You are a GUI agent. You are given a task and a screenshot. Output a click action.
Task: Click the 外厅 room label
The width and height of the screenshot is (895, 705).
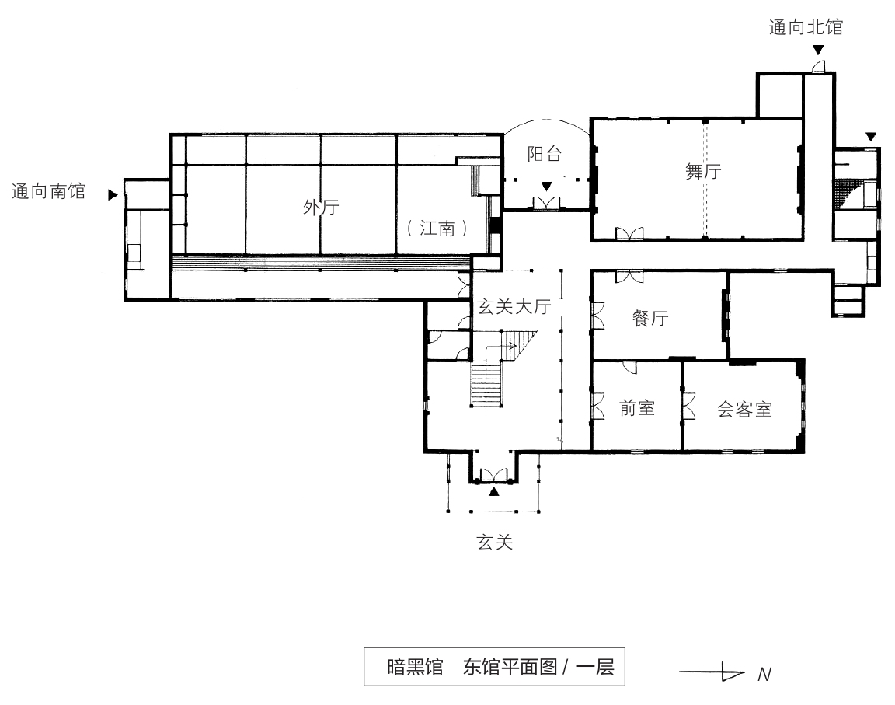(321, 208)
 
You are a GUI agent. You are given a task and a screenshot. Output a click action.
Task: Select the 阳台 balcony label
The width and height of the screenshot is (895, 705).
(544, 154)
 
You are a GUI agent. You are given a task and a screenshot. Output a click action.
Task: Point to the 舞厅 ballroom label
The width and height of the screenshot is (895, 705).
(703, 171)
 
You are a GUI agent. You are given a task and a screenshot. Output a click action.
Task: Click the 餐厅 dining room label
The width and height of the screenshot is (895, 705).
(651, 318)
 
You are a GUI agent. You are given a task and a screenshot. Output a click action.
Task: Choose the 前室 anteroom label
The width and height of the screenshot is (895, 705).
(637, 407)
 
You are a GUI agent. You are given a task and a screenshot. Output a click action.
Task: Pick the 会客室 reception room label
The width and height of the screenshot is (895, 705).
(744, 410)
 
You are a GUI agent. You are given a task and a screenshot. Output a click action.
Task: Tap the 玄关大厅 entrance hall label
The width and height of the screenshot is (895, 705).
(514, 306)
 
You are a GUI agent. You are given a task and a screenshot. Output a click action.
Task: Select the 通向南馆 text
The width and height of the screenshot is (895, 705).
(48, 191)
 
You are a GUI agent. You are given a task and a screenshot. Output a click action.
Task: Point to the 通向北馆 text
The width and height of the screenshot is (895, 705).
(806, 29)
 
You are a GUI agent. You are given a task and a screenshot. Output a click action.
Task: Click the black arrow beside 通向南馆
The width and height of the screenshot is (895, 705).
(113, 195)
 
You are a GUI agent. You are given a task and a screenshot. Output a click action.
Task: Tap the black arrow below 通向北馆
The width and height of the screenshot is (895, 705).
(818, 51)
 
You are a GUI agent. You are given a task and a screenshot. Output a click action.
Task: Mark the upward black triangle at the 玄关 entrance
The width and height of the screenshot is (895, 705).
(494, 490)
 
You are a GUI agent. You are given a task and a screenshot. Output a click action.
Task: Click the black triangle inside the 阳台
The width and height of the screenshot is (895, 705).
(547, 186)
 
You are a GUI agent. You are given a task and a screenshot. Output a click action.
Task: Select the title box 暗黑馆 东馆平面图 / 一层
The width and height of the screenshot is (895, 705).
(494, 667)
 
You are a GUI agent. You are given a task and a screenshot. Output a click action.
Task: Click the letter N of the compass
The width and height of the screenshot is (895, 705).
(764, 674)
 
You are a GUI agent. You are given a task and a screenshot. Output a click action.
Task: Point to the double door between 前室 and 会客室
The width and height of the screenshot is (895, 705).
(687, 406)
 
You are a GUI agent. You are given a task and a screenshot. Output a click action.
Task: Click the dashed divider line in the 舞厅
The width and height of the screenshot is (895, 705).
(705, 179)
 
